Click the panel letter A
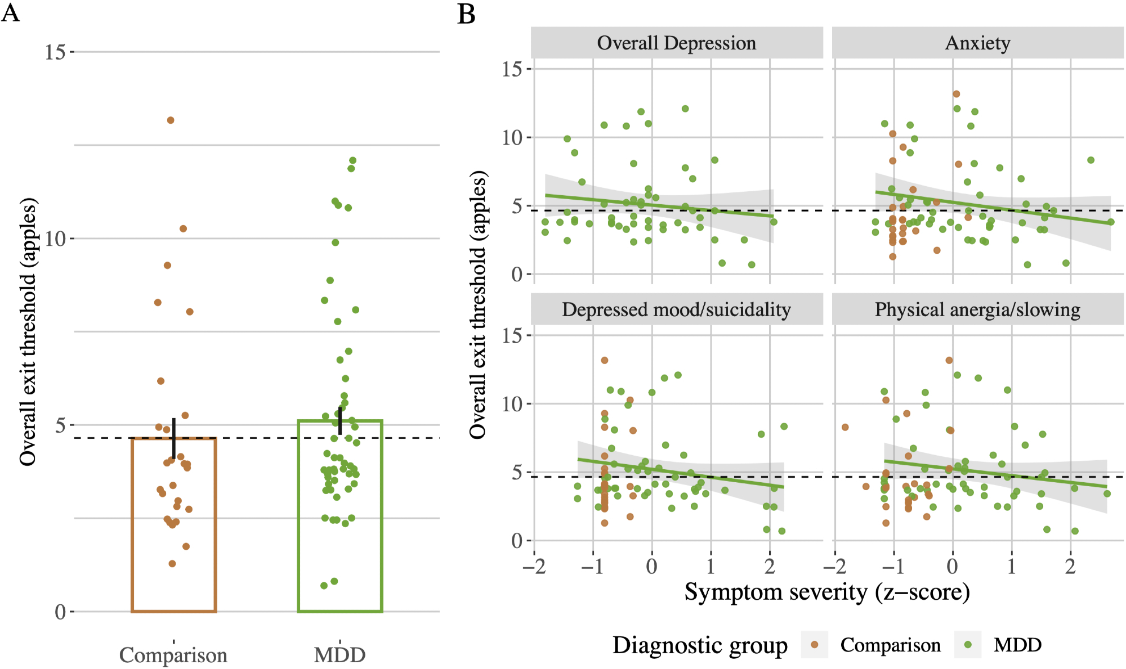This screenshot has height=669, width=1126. click(11, 12)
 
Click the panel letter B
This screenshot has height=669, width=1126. click(467, 14)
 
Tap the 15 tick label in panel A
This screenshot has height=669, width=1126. click(55, 52)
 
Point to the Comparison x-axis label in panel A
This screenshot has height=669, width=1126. click(173, 655)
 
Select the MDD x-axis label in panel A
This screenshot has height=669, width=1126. click(339, 655)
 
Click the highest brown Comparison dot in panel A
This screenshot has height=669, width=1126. click(171, 120)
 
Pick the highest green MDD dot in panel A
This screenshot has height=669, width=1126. click(353, 160)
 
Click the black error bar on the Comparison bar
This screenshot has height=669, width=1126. click(174, 438)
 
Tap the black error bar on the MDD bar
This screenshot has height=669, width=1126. click(340, 421)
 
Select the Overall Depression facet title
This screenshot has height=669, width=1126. click(676, 43)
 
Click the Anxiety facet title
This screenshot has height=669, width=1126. click(977, 43)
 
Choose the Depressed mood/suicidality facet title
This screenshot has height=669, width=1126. click(676, 309)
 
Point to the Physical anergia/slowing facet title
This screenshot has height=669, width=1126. click(977, 309)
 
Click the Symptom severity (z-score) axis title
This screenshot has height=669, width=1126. click(827, 592)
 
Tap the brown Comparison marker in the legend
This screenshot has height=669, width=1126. click(814, 644)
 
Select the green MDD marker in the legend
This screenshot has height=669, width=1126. click(968, 644)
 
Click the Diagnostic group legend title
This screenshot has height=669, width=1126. click(700, 645)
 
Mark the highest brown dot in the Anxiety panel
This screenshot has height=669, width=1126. click(956, 94)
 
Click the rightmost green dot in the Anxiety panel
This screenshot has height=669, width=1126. click(1111, 222)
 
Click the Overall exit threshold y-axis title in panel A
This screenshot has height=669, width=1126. click(28, 332)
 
